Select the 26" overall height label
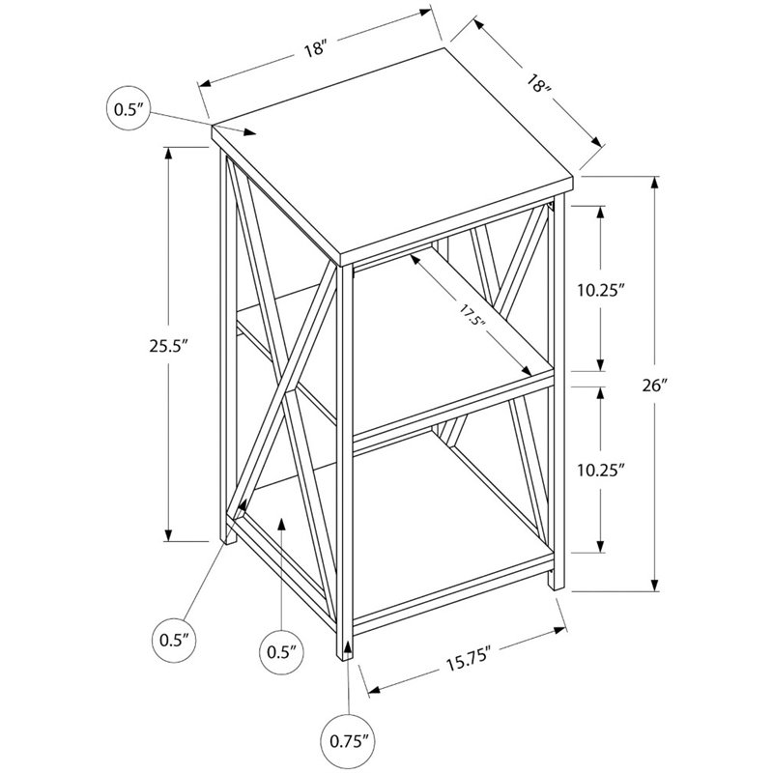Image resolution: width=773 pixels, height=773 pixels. click(x=658, y=385)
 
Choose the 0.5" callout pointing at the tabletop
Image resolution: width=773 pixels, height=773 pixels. click(x=128, y=109)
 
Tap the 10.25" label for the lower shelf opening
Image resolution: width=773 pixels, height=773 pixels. click(x=600, y=471)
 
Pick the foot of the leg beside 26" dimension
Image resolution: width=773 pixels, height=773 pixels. click(x=553, y=582)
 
